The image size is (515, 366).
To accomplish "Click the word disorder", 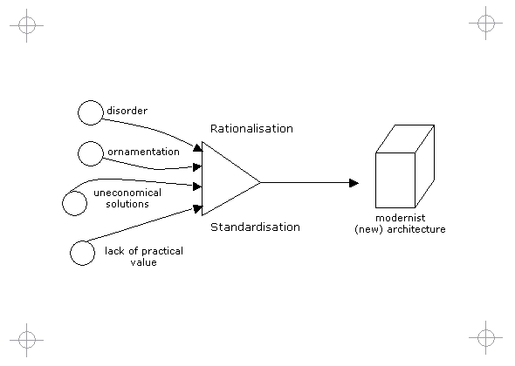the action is (127, 111).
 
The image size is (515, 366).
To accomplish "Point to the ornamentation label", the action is (143, 152).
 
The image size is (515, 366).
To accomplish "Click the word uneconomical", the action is (127, 193).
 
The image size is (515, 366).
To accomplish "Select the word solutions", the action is (127, 204).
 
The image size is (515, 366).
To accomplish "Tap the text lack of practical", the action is (144, 251).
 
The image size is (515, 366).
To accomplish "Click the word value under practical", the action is (143, 262).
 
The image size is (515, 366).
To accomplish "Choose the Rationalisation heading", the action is (251, 129).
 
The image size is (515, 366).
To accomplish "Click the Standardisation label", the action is (255, 227).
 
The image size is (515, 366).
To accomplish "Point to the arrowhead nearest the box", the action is (354, 183).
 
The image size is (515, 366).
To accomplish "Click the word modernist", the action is (401, 218).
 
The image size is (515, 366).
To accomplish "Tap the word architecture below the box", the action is (416, 229).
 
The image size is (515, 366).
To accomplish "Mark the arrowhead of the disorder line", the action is (198, 147).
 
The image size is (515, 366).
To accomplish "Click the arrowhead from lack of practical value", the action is (197, 208).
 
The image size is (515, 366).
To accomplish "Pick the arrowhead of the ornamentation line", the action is (197, 167).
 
